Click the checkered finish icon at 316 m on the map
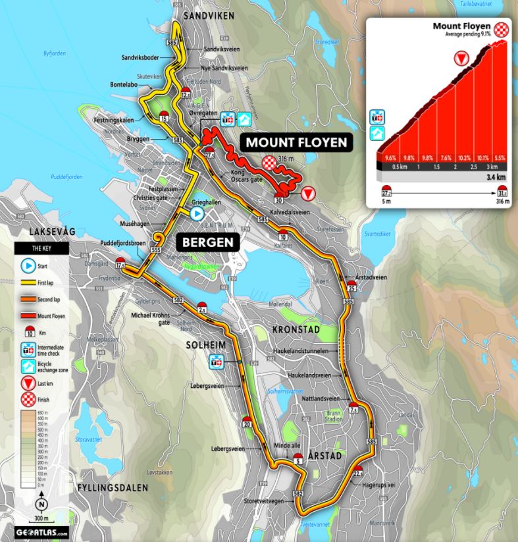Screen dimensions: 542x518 269,162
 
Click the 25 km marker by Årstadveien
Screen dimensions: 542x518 352,287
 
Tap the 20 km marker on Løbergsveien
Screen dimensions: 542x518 246,423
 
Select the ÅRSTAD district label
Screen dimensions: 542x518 326,463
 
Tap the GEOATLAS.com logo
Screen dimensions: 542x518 42,531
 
